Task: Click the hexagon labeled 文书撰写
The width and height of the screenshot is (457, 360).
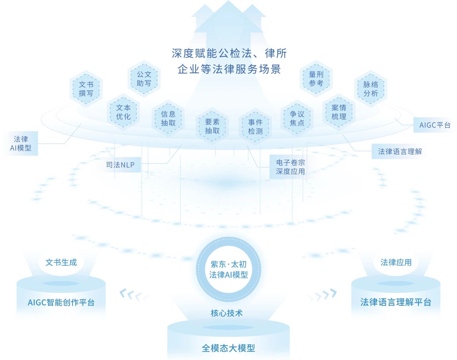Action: click(x=86, y=89)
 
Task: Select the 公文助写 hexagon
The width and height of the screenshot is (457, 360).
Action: click(x=144, y=79)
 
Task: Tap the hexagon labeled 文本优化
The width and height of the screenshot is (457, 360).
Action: click(x=123, y=112)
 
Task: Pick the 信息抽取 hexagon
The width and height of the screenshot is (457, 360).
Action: click(x=168, y=119)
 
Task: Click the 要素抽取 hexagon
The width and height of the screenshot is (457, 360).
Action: click(x=212, y=126)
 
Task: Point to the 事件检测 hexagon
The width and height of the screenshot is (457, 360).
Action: click(x=255, y=127)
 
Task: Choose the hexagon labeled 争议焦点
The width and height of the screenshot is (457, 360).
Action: click(x=297, y=119)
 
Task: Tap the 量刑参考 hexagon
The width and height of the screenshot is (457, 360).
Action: click(x=316, y=79)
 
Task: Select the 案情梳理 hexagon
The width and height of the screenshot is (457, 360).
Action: click(x=339, y=112)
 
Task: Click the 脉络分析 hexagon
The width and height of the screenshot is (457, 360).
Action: click(x=371, y=89)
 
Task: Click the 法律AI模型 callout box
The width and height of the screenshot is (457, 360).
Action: click(x=21, y=143)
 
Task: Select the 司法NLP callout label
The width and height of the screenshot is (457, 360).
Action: click(x=120, y=165)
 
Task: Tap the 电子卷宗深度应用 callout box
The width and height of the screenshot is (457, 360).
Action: click(x=290, y=167)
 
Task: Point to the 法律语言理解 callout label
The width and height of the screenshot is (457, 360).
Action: click(x=400, y=151)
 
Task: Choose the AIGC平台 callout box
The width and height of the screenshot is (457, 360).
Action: click(x=435, y=125)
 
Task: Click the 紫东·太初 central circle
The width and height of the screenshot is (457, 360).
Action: click(x=228, y=270)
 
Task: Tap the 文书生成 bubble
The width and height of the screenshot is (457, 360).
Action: click(x=61, y=262)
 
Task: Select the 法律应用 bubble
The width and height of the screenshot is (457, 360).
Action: click(x=396, y=262)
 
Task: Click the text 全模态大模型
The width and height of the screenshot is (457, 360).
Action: click(x=228, y=348)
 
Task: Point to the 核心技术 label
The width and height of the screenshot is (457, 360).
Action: click(x=227, y=313)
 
